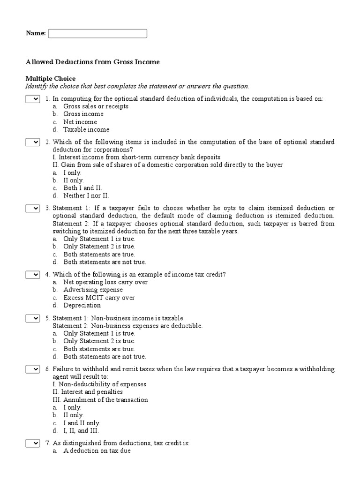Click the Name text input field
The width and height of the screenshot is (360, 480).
coord(97,33)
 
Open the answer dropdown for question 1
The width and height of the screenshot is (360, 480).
coord(32,99)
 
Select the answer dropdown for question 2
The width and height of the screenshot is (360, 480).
coord(32,142)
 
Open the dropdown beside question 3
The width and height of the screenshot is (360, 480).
coord(32,209)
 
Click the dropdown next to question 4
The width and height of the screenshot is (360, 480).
coord(32,275)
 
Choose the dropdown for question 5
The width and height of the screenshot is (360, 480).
coord(32,318)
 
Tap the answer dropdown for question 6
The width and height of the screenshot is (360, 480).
coord(32,369)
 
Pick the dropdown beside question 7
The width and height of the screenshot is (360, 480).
coord(32,443)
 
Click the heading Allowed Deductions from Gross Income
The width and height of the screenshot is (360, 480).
coord(92,62)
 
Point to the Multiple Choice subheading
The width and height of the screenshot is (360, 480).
coord(51,79)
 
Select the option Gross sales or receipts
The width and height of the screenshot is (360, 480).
coord(96,106)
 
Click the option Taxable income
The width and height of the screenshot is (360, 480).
coord(86,130)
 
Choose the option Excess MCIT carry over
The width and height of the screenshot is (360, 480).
coord(99,298)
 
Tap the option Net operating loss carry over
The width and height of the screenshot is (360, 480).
coord(105,282)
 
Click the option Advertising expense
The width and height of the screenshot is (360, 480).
coord(93,290)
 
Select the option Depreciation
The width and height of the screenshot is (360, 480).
coord(82,306)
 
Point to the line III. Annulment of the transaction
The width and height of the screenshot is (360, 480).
coord(100,400)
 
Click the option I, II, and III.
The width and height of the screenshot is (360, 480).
coord(81,431)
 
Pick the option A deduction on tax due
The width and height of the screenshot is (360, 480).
coord(97,451)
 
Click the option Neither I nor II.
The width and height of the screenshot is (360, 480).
coord(86,196)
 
